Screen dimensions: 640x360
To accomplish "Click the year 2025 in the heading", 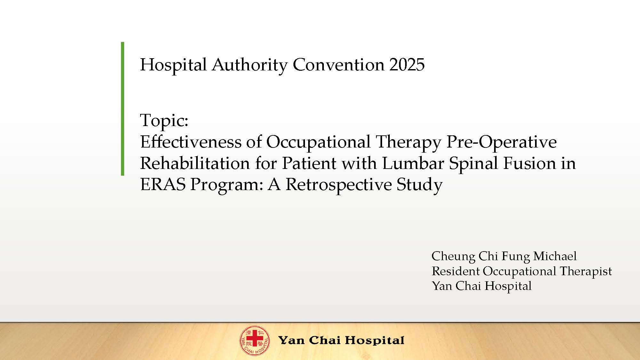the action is [x=407, y=65].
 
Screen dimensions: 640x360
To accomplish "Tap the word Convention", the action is [x=338, y=65].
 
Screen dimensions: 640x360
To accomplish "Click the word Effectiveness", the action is [x=191, y=142].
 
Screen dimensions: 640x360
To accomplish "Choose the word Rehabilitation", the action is [x=195, y=163].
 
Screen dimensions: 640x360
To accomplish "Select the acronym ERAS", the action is [x=163, y=185].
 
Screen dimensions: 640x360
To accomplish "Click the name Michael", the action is [x=555, y=256].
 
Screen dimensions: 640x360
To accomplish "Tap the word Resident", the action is [x=456, y=271].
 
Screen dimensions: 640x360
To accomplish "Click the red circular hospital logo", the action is [x=255, y=340].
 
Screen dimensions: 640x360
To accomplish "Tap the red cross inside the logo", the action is [x=255, y=339].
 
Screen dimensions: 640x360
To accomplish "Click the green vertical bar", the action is [x=123, y=109].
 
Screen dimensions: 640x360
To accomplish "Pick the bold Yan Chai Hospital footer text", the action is [x=341, y=340].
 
